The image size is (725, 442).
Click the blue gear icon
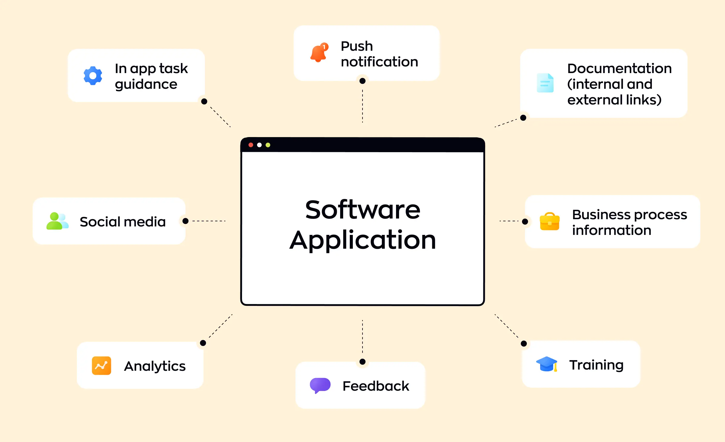click(x=93, y=75)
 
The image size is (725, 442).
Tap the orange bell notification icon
click(x=319, y=53)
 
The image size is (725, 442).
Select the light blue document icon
click(x=545, y=83)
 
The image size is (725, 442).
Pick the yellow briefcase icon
click(x=549, y=222)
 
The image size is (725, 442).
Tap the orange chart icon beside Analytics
click(x=101, y=366)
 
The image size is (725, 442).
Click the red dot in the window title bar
click(x=251, y=145)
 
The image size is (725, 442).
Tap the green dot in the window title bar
click(x=268, y=145)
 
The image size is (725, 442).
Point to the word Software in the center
click(x=362, y=210)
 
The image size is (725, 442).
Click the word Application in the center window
click(x=362, y=240)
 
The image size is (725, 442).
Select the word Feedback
click(x=376, y=386)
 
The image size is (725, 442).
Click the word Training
click(x=596, y=365)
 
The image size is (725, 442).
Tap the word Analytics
click(x=155, y=366)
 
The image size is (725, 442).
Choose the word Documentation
click(x=619, y=69)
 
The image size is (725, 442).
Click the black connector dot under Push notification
click(x=362, y=81)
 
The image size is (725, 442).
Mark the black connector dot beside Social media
click(x=185, y=221)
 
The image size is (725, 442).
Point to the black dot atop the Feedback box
click(x=362, y=362)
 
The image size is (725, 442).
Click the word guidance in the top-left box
click(x=146, y=85)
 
